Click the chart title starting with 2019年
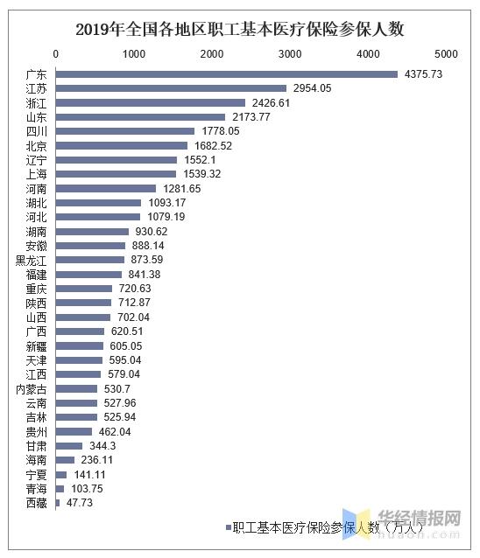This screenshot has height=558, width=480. click(240, 29)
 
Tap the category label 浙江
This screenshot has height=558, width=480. click(37, 103)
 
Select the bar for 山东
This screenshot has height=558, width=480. click(140, 117)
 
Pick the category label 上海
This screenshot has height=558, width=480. click(37, 174)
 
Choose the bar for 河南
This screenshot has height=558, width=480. click(106, 189)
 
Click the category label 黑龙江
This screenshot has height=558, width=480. click(32, 260)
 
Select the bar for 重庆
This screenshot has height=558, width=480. click(84, 289)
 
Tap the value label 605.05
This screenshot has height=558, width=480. click(124, 345)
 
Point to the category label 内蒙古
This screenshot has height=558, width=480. click(32, 388)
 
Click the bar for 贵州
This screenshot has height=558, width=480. click(74, 431)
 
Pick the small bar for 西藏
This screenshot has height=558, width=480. click(58, 503)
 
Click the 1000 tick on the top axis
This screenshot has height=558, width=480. click(134, 54)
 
